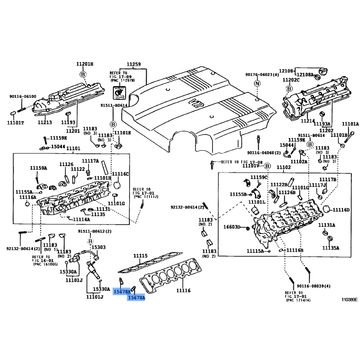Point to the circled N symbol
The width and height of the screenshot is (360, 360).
click(257, 84)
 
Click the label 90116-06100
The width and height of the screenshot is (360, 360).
click(22, 97)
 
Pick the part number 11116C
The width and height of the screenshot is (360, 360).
click(120, 174)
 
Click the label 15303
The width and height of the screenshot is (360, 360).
click(99, 247)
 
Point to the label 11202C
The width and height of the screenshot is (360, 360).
click(291, 80)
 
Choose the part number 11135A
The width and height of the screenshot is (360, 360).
click(331, 248)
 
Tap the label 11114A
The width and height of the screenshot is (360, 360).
click(81, 220)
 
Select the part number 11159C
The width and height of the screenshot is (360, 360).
click(259, 177)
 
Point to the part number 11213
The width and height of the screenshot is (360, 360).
click(45, 122)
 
